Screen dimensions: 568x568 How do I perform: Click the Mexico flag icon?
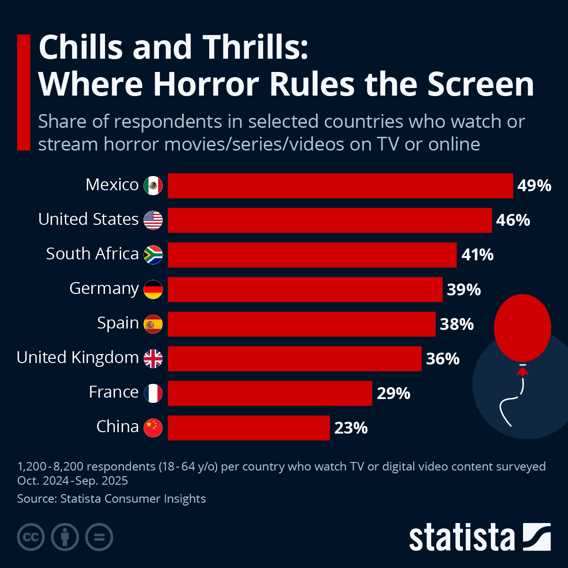point(153,186)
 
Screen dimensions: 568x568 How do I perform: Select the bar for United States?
point(329,220)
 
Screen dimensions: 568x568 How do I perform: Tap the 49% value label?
point(534,186)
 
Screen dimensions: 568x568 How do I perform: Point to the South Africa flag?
point(153,255)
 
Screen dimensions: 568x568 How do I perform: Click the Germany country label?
point(104,288)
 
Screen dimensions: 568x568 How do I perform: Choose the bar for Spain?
point(302,324)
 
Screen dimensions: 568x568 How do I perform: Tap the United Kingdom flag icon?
point(153,358)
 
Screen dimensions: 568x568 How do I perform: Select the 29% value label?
point(393,393)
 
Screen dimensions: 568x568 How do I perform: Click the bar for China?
point(248,428)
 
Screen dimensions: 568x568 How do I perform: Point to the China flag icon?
point(153,428)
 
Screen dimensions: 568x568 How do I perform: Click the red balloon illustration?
point(522,328)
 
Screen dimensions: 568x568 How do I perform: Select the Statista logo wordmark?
point(461,537)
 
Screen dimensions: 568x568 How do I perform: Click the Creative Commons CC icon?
point(31,537)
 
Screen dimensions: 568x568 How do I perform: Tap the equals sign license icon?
point(99,537)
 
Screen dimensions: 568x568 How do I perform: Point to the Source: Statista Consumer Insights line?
point(111,498)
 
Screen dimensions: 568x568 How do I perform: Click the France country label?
point(114,392)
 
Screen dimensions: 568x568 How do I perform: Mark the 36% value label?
point(443,359)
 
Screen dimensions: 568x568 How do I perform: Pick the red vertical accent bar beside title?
point(23,92)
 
